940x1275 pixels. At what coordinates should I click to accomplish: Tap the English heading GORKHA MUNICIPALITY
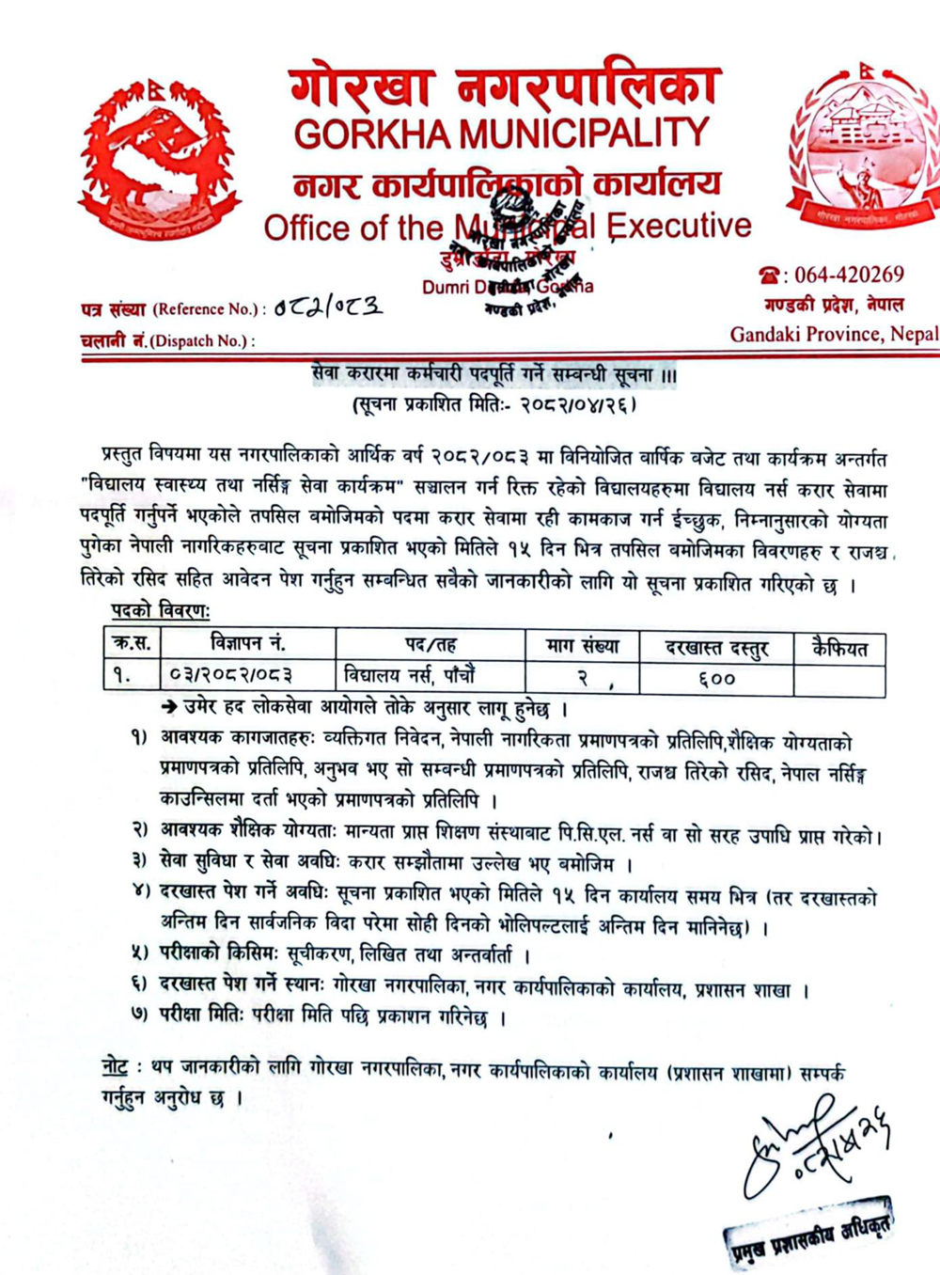coord(501,134)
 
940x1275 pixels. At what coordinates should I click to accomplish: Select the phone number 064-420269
coord(849,275)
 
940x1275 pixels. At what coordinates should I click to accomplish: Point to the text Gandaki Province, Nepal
coord(834,334)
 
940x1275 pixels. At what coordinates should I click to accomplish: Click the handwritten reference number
coord(328,307)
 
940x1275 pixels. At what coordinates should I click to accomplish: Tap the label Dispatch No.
coord(167,340)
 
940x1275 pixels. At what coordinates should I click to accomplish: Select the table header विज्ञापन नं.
coord(248,644)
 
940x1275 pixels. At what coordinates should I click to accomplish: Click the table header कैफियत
coord(839,647)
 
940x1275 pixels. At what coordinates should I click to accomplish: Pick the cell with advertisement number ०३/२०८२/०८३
coord(231,676)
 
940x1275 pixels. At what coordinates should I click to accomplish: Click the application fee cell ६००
coord(716,678)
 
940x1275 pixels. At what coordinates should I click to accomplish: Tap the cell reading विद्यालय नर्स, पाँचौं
coord(410,675)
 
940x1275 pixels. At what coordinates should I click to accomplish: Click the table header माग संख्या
coord(583,646)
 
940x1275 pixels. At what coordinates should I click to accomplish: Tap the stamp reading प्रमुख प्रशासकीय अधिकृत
coord(807,1230)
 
